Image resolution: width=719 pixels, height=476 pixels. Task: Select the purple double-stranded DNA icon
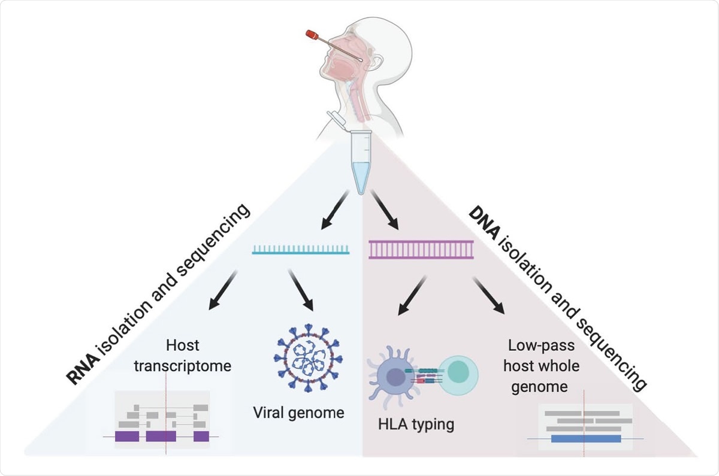click(421, 248)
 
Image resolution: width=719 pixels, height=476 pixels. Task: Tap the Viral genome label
click(298, 412)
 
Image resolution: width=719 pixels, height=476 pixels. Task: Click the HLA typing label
click(416, 425)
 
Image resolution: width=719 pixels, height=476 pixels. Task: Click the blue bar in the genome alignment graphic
click(585, 438)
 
